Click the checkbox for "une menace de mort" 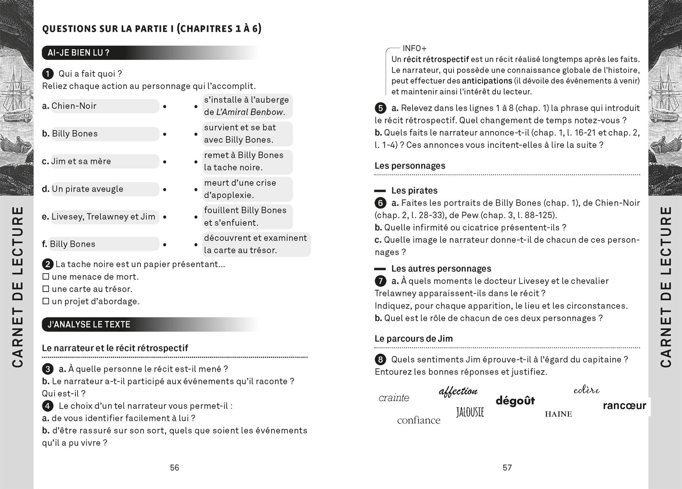pyautogui.click(x=46, y=277)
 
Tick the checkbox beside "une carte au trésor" pyautogui.click(x=46, y=289)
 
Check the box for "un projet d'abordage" pyautogui.click(x=46, y=301)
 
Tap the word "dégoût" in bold pyautogui.click(x=515, y=401)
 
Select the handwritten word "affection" pyautogui.click(x=458, y=391)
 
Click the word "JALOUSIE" pyautogui.click(x=470, y=412)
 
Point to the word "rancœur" pyautogui.click(x=624, y=405)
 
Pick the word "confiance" pyautogui.click(x=418, y=420)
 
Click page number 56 pyautogui.click(x=175, y=468)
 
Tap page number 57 pyautogui.click(x=507, y=468)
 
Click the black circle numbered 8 pyautogui.click(x=380, y=359)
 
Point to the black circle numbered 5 pyautogui.click(x=380, y=108)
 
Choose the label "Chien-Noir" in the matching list pyautogui.click(x=74, y=106)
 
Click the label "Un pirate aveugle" pyautogui.click(x=87, y=189)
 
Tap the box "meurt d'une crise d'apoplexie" pyautogui.click(x=247, y=189)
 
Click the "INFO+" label pyautogui.click(x=414, y=48)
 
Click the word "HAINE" pyautogui.click(x=558, y=414)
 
